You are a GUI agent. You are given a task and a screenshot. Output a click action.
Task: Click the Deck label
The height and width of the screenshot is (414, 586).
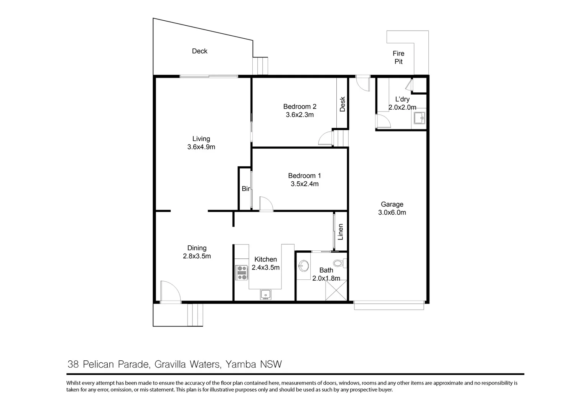tap(199, 51)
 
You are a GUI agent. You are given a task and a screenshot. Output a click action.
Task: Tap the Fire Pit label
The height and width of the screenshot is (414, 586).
tap(398, 58)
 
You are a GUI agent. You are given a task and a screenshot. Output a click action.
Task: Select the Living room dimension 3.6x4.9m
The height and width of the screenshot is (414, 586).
tap(201, 147)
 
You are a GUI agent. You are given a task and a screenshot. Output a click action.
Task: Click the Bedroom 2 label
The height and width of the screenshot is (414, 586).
tap(300, 107)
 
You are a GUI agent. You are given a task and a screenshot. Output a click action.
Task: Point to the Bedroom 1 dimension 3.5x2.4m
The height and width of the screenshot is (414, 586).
tap(305, 184)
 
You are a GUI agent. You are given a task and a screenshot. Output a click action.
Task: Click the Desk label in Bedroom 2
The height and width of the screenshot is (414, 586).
tap(342, 104)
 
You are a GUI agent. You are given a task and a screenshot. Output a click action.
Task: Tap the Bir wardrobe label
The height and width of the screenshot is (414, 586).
tap(246, 189)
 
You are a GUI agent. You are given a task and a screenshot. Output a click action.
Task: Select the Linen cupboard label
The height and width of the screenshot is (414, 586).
tap(340, 232)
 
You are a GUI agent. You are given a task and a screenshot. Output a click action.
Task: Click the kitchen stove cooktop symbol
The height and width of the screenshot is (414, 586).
tap(242, 273)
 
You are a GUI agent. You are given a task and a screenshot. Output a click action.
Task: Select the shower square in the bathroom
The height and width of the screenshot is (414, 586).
tap(336, 290)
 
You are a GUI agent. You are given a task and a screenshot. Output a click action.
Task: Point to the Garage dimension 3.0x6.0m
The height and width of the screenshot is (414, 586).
tap(392, 212)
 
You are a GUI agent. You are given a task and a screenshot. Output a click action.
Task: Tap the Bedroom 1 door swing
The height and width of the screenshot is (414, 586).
tap(265, 204)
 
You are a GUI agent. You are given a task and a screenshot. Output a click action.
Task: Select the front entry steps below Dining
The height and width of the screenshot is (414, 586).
tap(195, 315)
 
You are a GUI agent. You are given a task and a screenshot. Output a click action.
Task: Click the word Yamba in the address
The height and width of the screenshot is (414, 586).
tap(240, 364)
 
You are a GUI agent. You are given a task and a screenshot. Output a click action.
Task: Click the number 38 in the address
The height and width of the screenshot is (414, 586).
tap(73, 364)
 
